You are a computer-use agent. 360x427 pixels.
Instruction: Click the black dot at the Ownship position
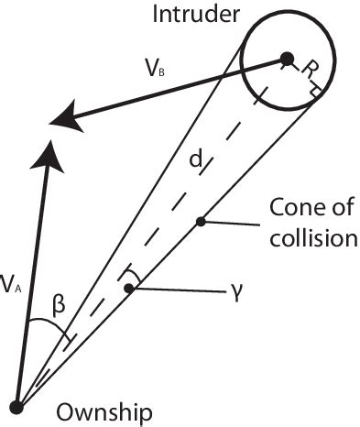tap(17, 404)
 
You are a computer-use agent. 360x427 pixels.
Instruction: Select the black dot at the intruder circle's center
tap(287, 59)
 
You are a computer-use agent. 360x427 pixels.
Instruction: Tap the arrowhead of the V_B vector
tap(62, 117)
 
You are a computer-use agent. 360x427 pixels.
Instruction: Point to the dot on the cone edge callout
tap(200, 221)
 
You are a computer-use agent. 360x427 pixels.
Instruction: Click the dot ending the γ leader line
tap(130, 289)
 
